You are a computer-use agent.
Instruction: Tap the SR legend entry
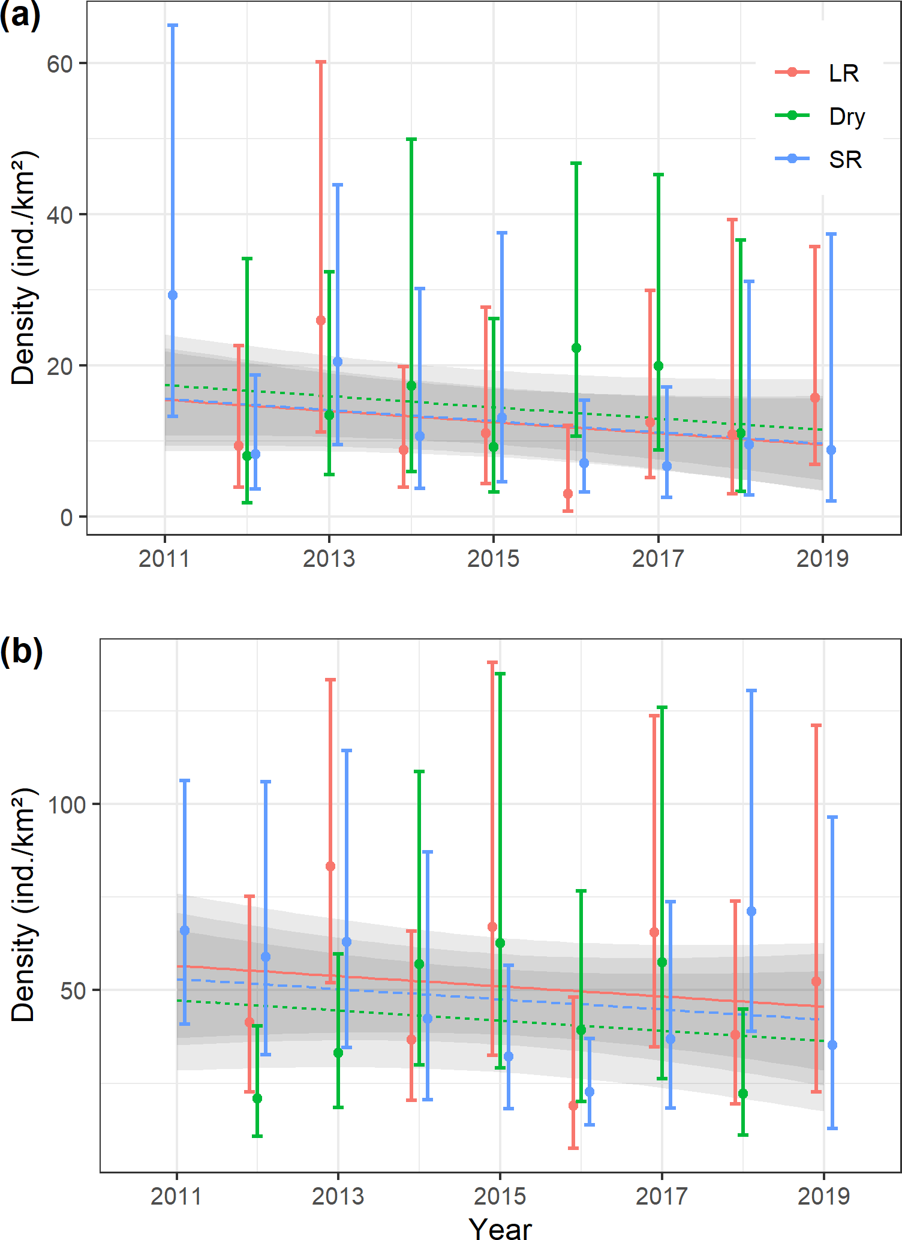819,159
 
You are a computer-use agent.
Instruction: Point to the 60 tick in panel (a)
59,64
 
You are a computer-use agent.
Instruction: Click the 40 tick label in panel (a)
59,215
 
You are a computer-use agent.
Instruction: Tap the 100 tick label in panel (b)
67,804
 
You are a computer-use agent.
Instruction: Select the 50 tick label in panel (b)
73,990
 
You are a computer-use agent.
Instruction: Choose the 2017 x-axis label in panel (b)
662,1196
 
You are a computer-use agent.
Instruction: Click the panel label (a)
20,15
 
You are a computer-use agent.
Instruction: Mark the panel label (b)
21,651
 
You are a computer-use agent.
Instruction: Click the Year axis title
500,1228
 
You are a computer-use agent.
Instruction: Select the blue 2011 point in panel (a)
173,295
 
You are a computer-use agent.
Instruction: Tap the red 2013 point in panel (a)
321,320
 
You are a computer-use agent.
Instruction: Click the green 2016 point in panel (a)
576,348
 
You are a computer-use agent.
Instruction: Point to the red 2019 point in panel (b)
816,981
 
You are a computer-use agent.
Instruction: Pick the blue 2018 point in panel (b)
751,911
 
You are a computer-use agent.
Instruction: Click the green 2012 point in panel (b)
257,1098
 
